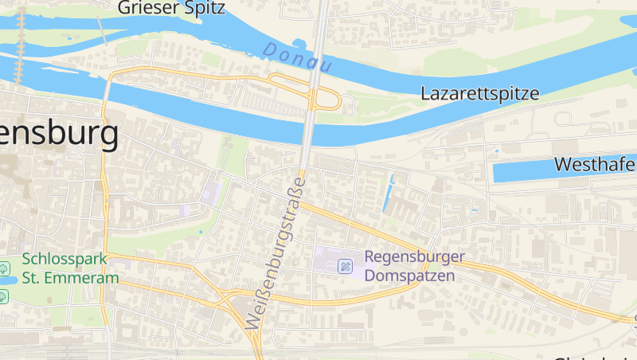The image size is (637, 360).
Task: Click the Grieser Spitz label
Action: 171,8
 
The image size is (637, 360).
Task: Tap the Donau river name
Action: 296,58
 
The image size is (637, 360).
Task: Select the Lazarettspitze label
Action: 479,93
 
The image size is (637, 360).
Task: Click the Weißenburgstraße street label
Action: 276,253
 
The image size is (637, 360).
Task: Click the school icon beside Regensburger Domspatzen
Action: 346,265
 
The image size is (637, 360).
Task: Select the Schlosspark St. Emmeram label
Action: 70,268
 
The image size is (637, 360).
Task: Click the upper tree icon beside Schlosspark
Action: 5,266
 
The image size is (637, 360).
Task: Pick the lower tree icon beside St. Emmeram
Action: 5,295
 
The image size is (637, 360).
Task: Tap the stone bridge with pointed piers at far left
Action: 20,48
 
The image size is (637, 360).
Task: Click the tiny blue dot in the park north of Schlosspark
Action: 201,232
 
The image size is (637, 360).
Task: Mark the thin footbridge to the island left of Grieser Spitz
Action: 102,30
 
